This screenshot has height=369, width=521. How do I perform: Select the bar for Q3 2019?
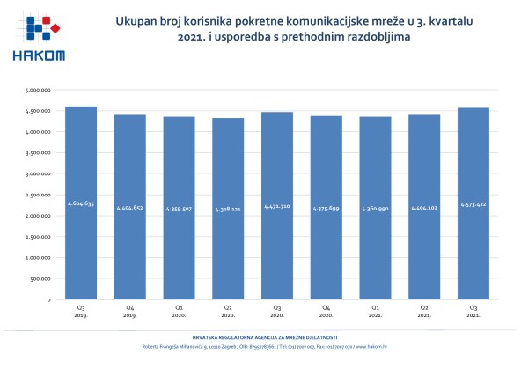(82, 203)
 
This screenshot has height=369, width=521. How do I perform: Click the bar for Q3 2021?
(475, 203)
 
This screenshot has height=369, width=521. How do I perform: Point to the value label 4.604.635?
(82, 203)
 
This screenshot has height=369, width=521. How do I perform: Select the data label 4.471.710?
(278, 205)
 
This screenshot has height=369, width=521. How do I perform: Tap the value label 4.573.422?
(475, 203)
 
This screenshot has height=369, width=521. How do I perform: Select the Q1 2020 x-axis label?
(180, 311)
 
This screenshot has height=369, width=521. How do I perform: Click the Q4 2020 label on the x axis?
(327, 311)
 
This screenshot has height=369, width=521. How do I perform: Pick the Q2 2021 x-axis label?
(426, 311)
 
